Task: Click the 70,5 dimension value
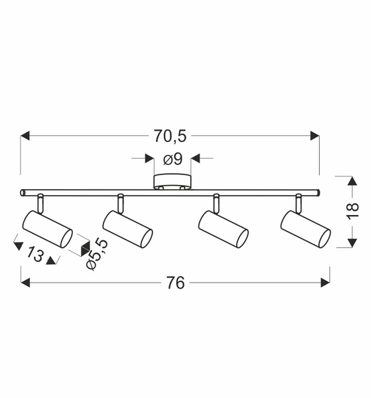[170, 136]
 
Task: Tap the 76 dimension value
[174, 283]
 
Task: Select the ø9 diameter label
[172, 159]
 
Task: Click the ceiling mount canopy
[172, 182]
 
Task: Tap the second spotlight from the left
[128, 228]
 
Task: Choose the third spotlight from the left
[224, 228]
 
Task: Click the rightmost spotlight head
[305, 228]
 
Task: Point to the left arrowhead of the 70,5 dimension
[26, 136]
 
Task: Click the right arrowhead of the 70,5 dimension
[315, 136]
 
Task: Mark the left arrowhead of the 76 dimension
[26, 283]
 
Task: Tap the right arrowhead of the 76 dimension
[325, 283]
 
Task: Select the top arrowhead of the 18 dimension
[352, 180]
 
